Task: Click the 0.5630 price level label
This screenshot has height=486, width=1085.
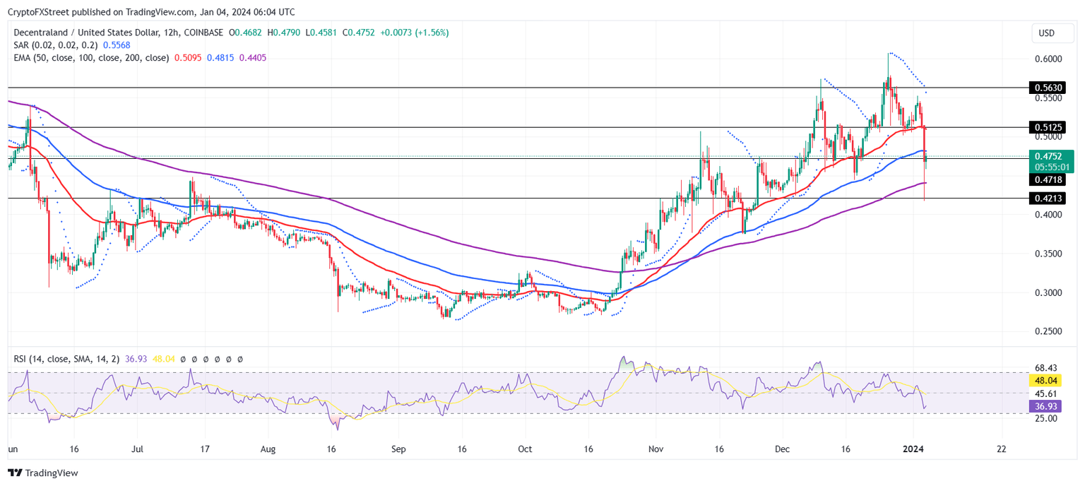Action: (1048, 88)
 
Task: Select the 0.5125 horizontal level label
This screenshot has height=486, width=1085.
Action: (1048, 127)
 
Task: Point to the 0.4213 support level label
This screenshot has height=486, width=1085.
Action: (1048, 199)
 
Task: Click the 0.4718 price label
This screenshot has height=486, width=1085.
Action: (1048, 180)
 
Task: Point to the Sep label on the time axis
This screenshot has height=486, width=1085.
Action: (398, 449)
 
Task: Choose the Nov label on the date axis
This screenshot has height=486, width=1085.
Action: (656, 449)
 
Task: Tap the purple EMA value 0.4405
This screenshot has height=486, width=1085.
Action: (253, 58)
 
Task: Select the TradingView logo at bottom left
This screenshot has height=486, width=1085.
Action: (43, 473)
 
